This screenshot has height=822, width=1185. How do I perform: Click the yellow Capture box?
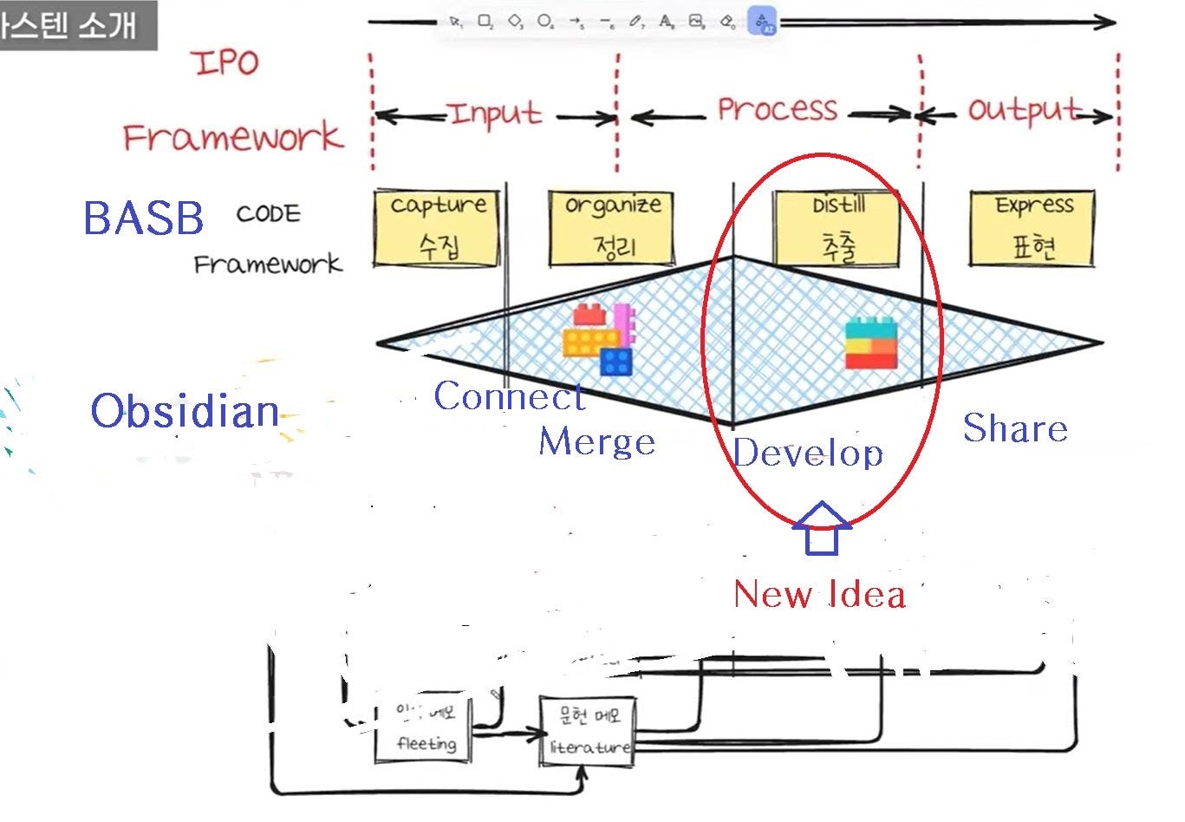tap(437, 229)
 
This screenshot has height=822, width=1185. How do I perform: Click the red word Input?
tap(495, 114)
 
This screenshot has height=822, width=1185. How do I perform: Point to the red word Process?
tap(778, 109)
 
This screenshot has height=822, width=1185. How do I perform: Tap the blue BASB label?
tap(144, 219)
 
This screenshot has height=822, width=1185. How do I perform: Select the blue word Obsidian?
tap(185, 411)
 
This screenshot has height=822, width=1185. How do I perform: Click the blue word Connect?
tap(510, 397)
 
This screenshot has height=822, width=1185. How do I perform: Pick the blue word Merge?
tap(596, 442)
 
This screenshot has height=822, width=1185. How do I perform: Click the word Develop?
tap(808, 453)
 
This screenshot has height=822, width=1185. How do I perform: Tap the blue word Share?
tap(1015, 428)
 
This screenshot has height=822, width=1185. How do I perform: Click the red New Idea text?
tap(819, 595)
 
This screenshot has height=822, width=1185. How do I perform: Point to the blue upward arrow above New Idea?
tap(822, 528)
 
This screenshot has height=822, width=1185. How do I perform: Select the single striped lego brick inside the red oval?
tap(871, 343)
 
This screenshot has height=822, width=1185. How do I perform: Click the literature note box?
tap(588, 731)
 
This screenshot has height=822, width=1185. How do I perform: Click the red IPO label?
tap(225, 62)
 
